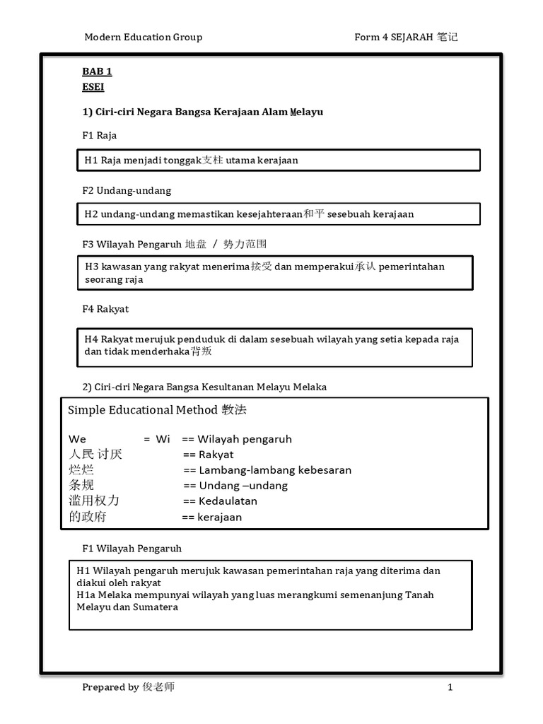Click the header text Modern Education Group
click(143, 37)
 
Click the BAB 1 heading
click(97, 71)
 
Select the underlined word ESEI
click(93, 87)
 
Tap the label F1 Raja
click(100, 135)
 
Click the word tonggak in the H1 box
click(182, 160)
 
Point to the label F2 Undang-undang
click(127, 190)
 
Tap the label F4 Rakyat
click(105, 309)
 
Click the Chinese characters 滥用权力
click(94, 501)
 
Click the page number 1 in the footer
click(450, 687)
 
